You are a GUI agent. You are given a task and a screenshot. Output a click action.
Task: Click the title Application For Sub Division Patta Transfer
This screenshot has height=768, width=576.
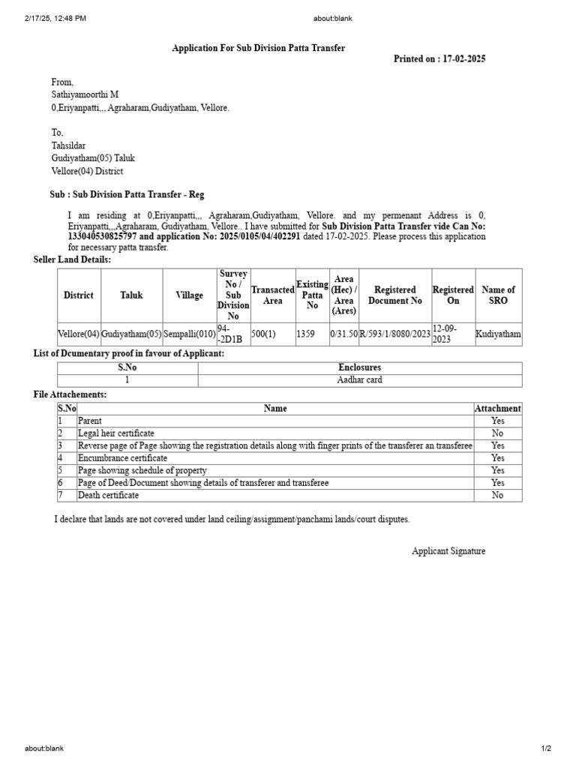[x=259, y=48]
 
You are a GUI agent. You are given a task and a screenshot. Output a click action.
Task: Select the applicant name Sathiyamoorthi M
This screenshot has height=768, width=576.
[x=85, y=94]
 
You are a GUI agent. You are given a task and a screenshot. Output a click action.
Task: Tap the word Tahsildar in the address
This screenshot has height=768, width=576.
[x=69, y=145]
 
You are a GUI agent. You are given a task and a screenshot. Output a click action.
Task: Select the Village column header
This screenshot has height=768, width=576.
[x=189, y=295]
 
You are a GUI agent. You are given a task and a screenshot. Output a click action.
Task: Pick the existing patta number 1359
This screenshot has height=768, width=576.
[x=306, y=334]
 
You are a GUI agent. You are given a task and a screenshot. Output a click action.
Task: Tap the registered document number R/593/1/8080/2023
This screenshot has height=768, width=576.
[x=395, y=334]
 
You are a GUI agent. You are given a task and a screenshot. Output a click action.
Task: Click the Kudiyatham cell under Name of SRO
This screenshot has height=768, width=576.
[x=498, y=334]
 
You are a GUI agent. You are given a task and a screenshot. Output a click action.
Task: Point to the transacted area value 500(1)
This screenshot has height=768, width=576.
[x=264, y=334]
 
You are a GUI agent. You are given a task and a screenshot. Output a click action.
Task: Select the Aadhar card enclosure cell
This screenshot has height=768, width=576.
[x=360, y=380]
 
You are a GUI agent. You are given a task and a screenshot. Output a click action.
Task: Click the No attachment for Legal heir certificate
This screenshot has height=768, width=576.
[x=497, y=433]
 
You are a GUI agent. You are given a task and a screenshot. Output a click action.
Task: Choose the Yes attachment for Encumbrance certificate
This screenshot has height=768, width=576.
[x=497, y=458]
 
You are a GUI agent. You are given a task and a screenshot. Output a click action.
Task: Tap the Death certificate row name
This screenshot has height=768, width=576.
[x=108, y=496]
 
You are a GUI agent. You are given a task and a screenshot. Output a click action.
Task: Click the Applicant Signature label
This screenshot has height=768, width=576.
[x=448, y=551]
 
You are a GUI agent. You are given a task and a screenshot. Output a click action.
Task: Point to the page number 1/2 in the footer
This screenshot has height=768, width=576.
[x=546, y=748]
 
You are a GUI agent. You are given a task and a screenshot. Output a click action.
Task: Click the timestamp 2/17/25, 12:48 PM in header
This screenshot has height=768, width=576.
[x=55, y=18]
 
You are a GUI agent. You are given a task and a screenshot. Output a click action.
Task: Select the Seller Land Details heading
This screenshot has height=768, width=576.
[x=72, y=259]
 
